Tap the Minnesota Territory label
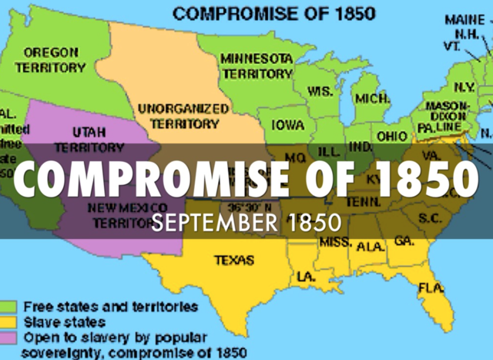click(x=255, y=66)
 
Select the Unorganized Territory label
click(x=183, y=116)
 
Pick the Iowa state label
click(x=287, y=125)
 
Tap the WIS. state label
click(x=320, y=91)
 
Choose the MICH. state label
click(x=371, y=99)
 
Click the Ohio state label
click(x=392, y=136)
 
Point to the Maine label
click(x=459, y=21)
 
